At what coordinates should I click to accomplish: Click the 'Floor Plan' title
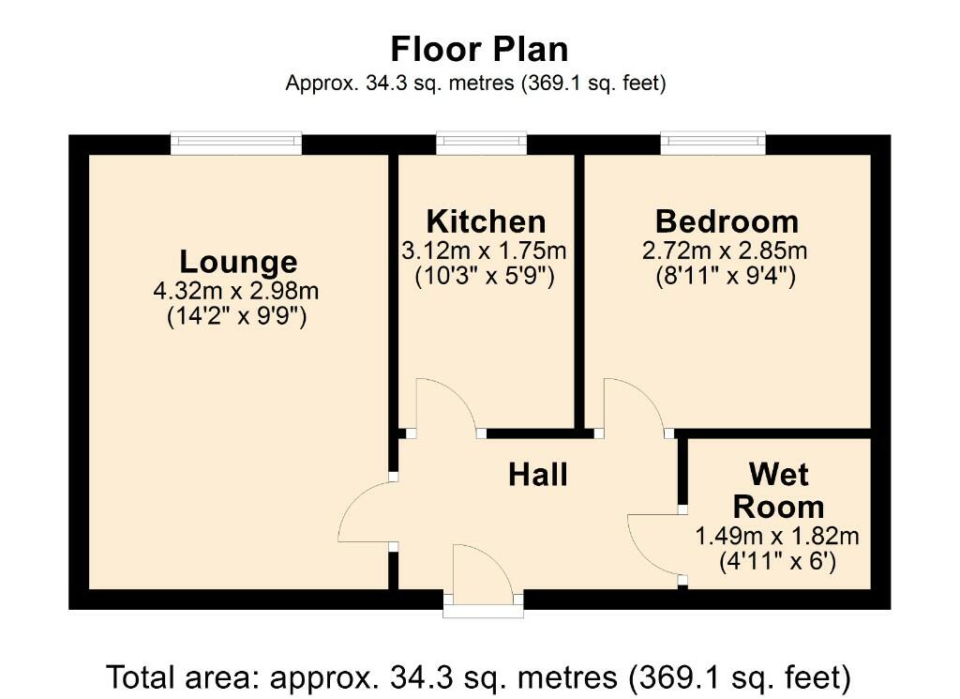pyautogui.click(x=479, y=49)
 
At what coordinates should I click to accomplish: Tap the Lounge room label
pyautogui.click(x=238, y=262)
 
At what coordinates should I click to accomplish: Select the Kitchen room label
pyautogui.click(x=487, y=221)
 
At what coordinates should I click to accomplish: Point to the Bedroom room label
pyautogui.click(x=727, y=221)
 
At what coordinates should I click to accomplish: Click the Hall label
pyautogui.click(x=538, y=475)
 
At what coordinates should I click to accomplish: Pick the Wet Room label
pyautogui.click(x=778, y=491)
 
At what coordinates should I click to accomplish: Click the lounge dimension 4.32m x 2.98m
pyautogui.click(x=236, y=290)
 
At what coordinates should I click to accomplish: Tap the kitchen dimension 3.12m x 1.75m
pyautogui.click(x=484, y=251)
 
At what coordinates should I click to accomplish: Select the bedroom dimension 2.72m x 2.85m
pyautogui.click(x=725, y=251)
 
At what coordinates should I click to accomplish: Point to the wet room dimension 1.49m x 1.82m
pyautogui.click(x=777, y=536)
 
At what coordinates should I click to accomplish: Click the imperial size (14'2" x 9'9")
pyautogui.click(x=236, y=317)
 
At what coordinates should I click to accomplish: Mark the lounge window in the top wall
pyautogui.click(x=236, y=144)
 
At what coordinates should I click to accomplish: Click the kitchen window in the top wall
pyautogui.click(x=481, y=144)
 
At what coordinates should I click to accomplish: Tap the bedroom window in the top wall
pyautogui.click(x=713, y=144)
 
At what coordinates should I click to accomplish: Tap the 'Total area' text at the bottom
pyautogui.click(x=479, y=677)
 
